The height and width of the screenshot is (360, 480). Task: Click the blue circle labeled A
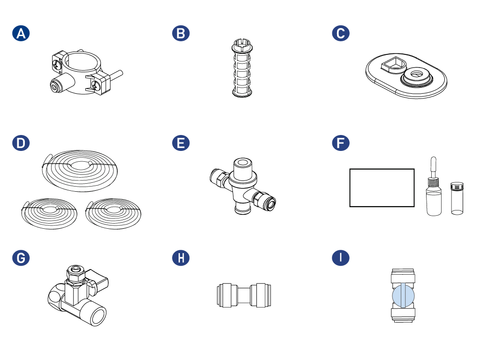[x=21, y=33]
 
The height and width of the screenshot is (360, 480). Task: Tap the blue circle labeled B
[x=180, y=33]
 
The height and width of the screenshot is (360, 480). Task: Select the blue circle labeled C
[x=341, y=33]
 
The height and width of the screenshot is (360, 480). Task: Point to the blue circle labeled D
[x=21, y=143]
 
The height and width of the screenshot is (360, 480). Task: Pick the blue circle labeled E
[x=180, y=143]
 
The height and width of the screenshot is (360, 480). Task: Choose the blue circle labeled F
[x=341, y=143]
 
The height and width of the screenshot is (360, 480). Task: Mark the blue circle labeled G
[x=21, y=258]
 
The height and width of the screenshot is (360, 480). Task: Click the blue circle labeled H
[x=180, y=258]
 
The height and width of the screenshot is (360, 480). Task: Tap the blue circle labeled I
[x=341, y=258]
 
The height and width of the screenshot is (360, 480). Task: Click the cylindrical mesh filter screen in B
[x=242, y=68]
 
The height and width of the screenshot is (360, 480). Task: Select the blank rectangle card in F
[x=382, y=187]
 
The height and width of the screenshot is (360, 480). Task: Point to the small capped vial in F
[x=457, y=198]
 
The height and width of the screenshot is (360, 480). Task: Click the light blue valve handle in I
[x=404, y=296]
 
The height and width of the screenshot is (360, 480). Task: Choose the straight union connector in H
[x=244, y=295]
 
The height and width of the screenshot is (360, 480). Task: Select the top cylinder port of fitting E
[x=243, y=167]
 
